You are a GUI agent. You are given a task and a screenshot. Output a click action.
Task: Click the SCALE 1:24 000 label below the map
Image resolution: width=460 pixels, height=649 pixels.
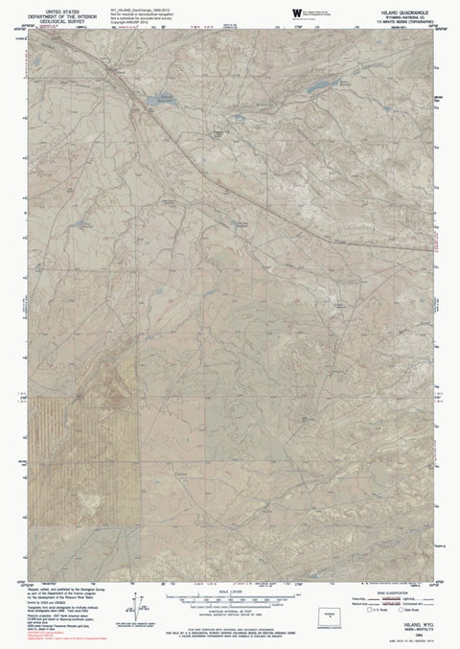[x=230, y=591]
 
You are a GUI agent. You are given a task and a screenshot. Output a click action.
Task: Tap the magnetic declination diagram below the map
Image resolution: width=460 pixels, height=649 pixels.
[x=127, y=599]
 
